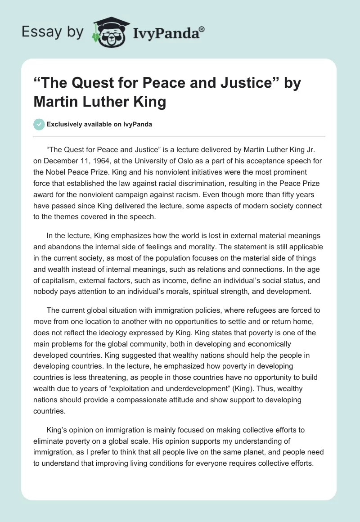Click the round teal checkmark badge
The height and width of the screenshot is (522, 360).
click(39, 124)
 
